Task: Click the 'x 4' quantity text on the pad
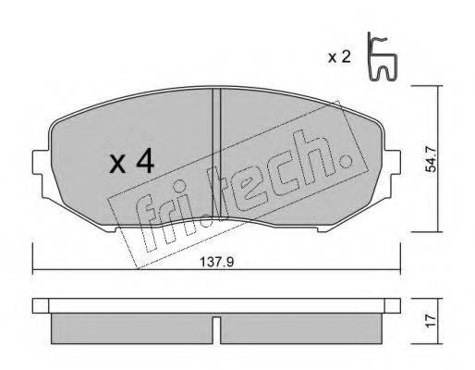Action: point(130,163)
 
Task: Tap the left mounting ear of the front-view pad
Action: point(40,172)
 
